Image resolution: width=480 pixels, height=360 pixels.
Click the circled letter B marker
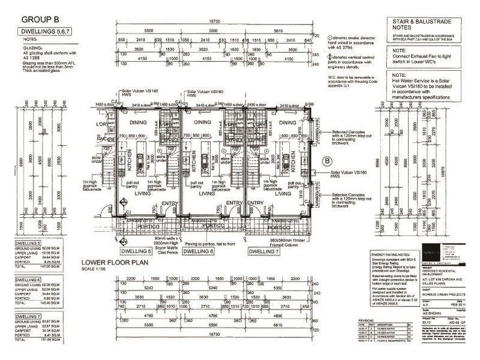(327, 160)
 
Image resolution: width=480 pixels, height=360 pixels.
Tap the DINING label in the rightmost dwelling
(268, 122)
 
